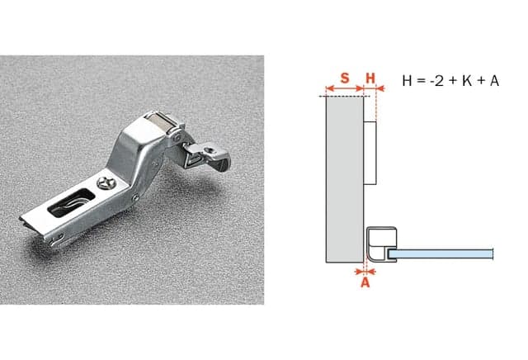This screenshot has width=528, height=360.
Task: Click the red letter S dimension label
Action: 345,78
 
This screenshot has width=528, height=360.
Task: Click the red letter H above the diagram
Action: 370,78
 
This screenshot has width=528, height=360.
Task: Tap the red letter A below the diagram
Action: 365,282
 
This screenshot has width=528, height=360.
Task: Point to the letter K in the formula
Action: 467,81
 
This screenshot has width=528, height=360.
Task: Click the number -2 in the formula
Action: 436,81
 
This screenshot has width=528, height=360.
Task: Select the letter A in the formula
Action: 494,81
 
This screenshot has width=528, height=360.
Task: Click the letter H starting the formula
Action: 407,81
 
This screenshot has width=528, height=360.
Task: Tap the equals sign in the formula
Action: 421,81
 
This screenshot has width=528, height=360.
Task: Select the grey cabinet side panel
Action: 345,180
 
